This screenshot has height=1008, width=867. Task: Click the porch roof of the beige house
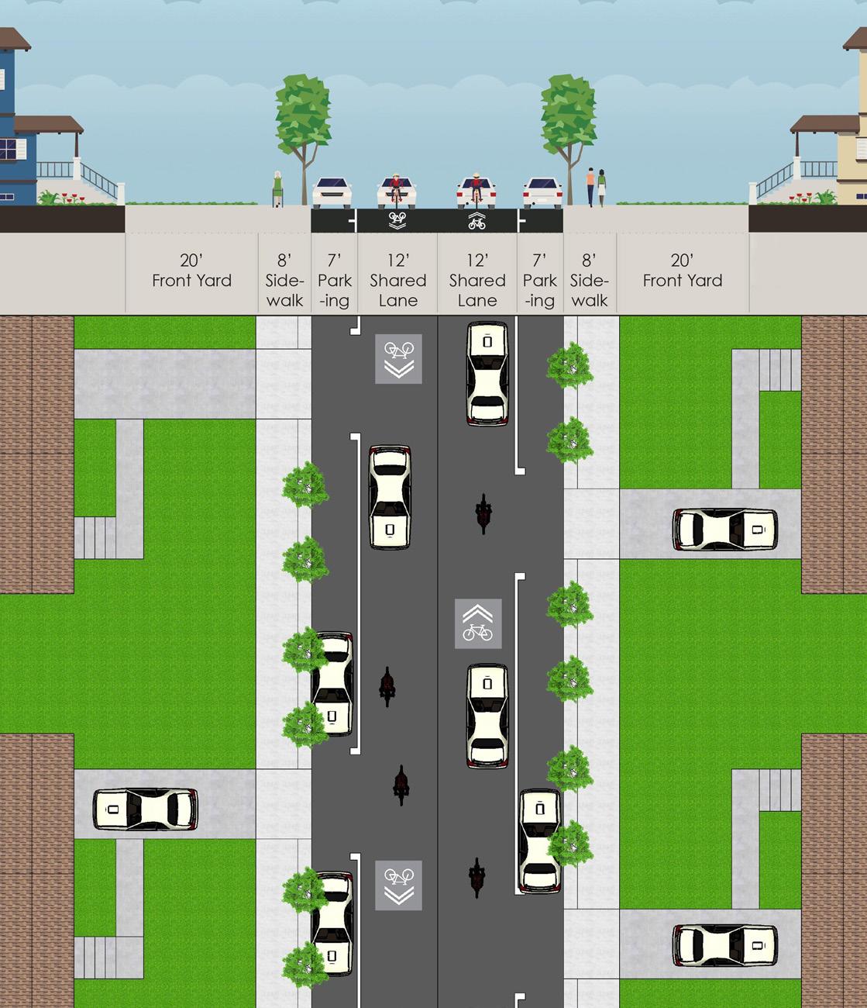pyautogui.click(x=824, y=123)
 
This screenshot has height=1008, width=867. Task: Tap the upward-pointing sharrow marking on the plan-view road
pyautogui.click(x=478, y=623)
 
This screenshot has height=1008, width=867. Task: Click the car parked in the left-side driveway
pyautogui.click(x=145, y=810)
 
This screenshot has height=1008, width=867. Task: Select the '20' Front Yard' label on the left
pyautogui.click(x=191, y=271)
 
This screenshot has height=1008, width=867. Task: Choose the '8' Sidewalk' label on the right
pyautogui.click(x=590, y=281)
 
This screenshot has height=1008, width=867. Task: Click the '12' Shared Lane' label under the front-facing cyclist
pyautogui.click(x=398, y=281)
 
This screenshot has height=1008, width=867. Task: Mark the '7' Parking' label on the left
pyautogui.click(x=335, y=281)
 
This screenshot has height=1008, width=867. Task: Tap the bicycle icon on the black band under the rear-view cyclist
pyautogui.click(x=477, y=223)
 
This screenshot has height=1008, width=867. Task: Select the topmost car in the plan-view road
pyautogui.click(x=487, y=374)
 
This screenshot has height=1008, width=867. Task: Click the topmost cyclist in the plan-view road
pyautogui.click(x=483, y=513)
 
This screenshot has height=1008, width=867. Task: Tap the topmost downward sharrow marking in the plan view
pyautogui.click(x=398, y=358)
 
